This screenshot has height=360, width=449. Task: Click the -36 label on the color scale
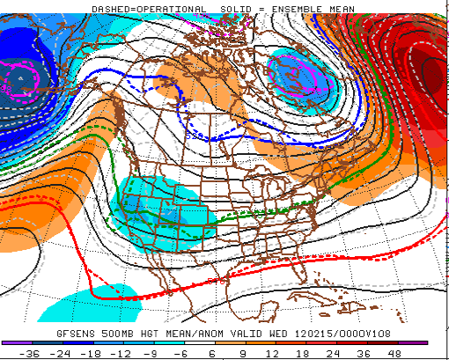point(33,353)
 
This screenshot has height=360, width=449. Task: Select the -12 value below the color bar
point(124,353)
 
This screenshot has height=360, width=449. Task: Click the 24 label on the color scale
point(336,353)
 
